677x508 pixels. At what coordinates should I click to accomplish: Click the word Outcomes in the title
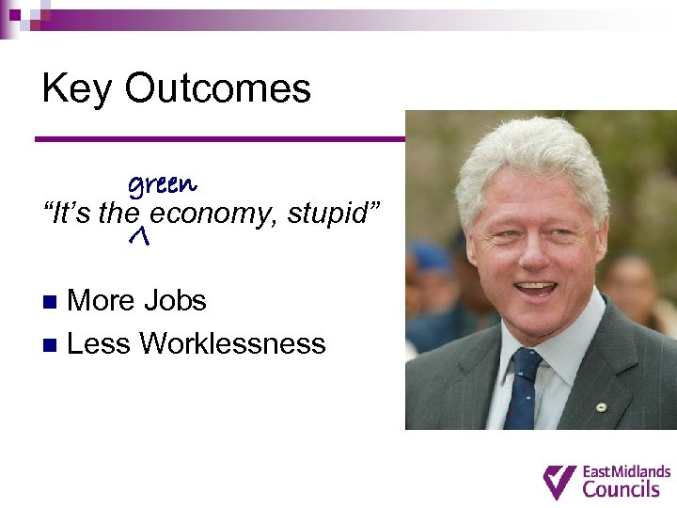click(217, 89)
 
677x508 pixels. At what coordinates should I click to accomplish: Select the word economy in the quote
click(209, 214)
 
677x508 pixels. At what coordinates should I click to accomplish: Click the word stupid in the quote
click(329, 214)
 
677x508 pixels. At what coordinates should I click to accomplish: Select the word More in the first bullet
click(102, 301)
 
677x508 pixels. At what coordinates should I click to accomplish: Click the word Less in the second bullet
click(100, 343)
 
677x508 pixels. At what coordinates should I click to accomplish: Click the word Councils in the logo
click(622, 489)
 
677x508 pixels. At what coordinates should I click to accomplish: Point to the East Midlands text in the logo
click(627, 471)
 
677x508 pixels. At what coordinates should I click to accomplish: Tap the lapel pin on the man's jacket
click(603, 406)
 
